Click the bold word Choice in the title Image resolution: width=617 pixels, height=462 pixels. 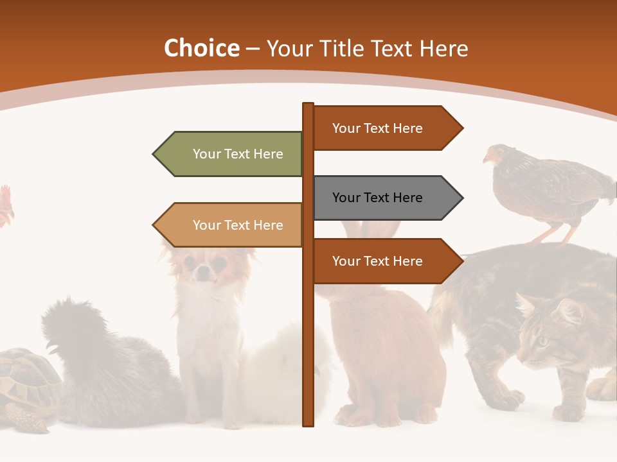pos(201,49)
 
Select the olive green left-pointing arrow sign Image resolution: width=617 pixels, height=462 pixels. pos(231,154)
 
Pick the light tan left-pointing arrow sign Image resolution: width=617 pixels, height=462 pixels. pos(231,225)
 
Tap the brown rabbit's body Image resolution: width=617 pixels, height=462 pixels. pos(386,346)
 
